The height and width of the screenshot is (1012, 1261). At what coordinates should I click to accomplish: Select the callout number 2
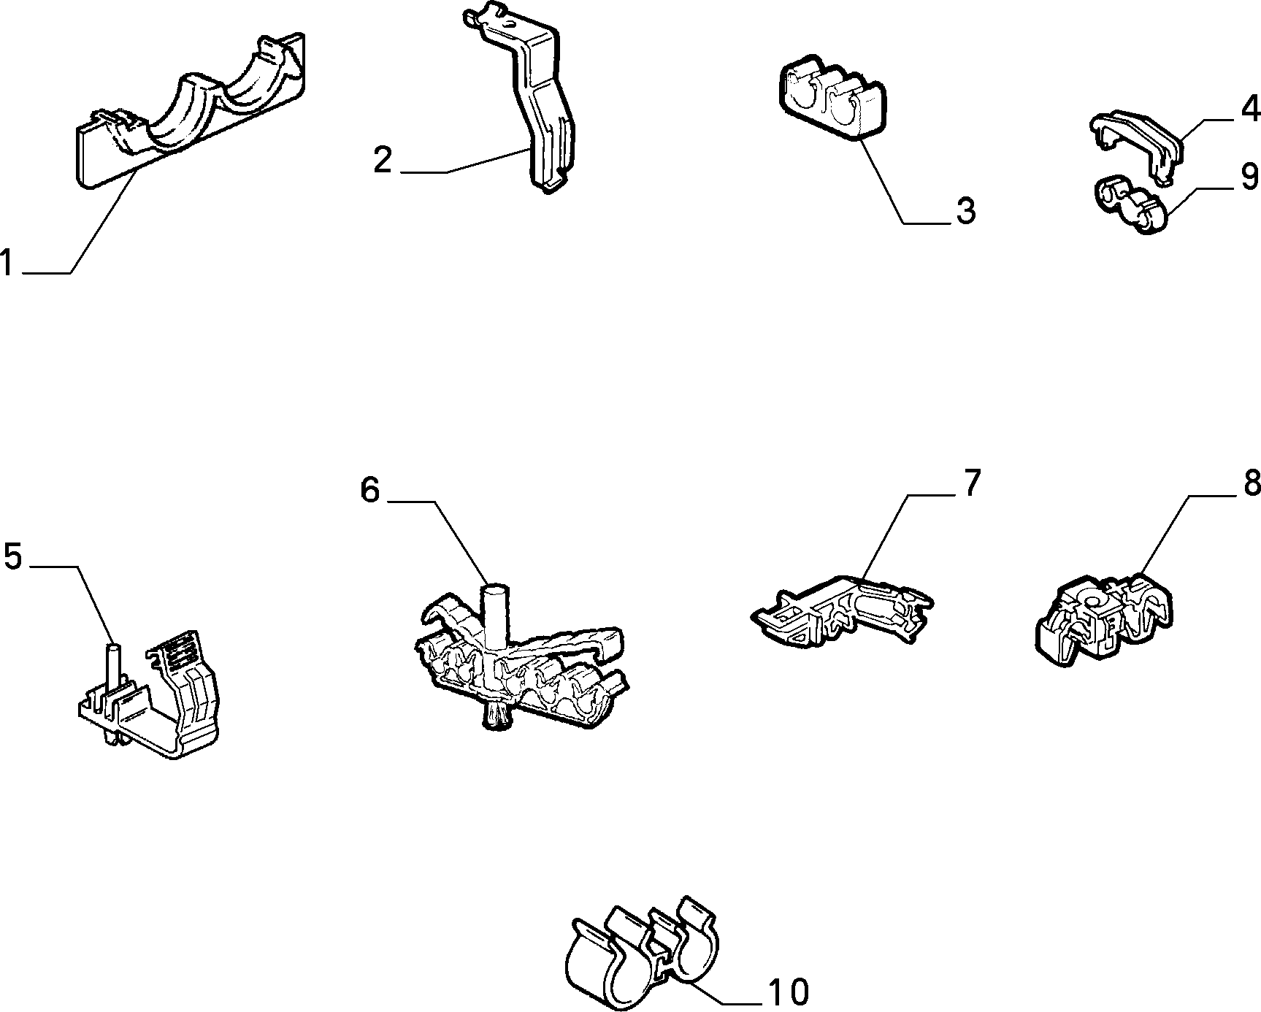(383, 160)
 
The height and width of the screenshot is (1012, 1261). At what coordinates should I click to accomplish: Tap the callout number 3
(965, 211)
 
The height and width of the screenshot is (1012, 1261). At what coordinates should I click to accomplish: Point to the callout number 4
(1250, 109)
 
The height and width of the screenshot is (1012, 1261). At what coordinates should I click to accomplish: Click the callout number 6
(370, 491)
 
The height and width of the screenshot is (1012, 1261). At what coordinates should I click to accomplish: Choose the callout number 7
(971, 484)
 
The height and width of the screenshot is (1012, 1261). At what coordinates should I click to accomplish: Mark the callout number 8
(1252, 483)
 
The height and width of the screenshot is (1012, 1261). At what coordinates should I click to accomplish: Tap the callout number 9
(1250, 177)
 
